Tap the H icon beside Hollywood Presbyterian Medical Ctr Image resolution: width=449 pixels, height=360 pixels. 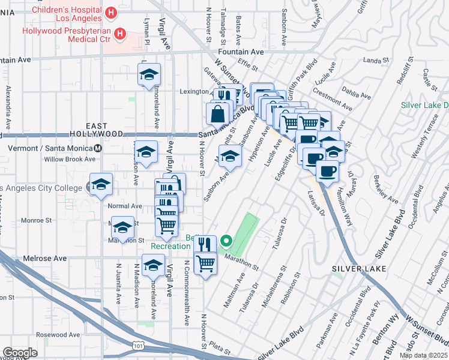120,34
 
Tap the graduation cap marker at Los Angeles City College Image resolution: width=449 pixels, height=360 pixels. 101,184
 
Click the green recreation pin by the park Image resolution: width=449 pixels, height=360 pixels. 226,242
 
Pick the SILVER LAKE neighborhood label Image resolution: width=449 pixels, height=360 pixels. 354,269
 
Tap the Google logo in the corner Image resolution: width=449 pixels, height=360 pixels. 20,352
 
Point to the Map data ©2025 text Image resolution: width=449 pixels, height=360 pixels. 423,355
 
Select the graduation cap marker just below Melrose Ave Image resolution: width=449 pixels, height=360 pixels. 154,265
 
